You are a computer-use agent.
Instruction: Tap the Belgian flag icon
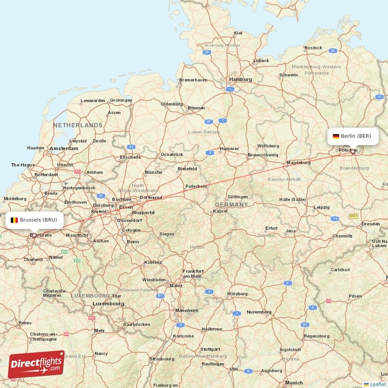pos(15,220)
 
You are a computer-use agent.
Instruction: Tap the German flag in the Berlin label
pos(336,136)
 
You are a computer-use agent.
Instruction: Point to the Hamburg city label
pos(241,79)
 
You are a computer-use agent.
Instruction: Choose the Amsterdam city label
pos(64,148)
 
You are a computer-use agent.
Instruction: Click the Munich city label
pos(294,383)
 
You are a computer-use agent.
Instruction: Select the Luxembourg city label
pos(109,304)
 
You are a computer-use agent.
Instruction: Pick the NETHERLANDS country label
pos(78,125)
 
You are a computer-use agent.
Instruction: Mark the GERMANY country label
pos(231,205)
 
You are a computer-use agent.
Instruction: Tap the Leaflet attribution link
pos(378,384)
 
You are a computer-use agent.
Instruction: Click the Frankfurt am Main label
pos(192,274)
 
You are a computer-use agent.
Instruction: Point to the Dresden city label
pos(370,224)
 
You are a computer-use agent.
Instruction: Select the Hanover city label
pos(229,148)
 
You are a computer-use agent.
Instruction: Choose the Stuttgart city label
pos(210,349)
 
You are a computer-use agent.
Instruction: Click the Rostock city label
pos(313,48)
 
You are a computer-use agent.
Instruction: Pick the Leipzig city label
pos(321,207)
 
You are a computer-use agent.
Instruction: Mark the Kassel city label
pos(221,211)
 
